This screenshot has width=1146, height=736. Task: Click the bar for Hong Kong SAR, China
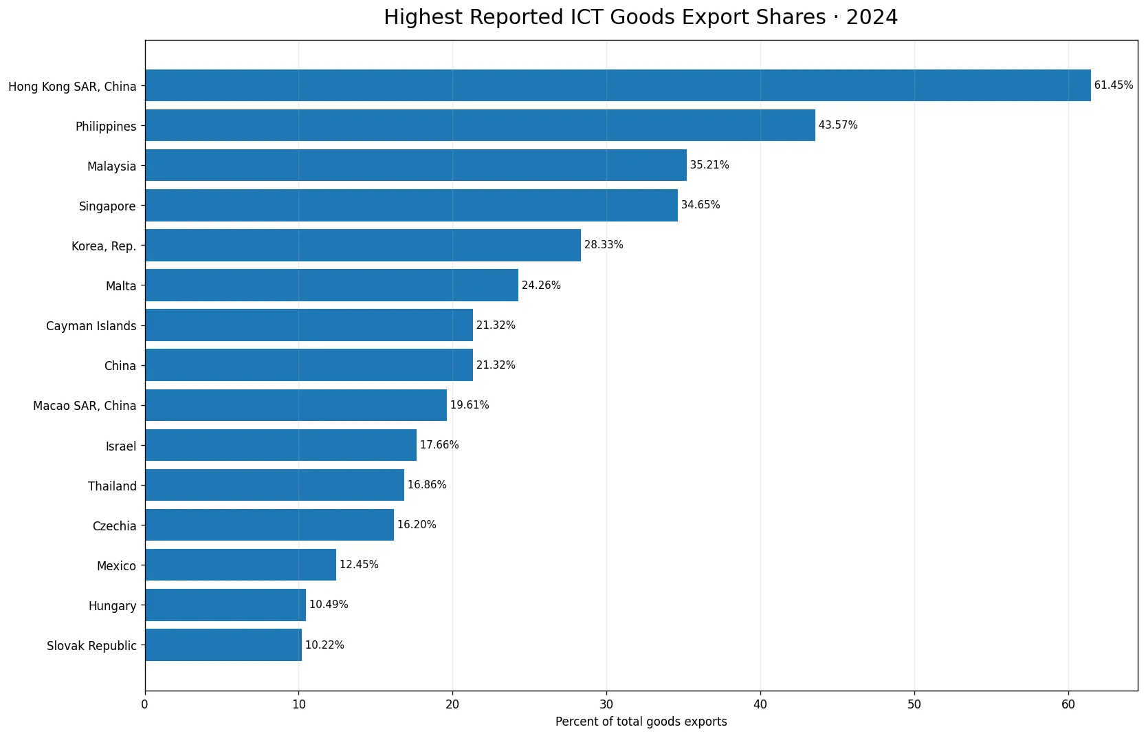[618, 85]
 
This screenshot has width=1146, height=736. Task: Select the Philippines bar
[481, 125]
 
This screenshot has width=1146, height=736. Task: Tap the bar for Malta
[332, 285]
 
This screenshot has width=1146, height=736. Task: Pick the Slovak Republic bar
[223, 645]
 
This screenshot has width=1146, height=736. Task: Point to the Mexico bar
[241, 565]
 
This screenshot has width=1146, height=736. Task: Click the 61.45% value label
[1114, 85]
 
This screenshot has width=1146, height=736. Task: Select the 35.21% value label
[709, 165]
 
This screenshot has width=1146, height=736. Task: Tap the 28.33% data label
[604, 245]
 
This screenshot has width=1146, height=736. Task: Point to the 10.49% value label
[329, 605]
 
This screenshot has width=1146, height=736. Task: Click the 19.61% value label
[470, 405]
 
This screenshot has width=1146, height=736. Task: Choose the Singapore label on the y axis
[107, 206]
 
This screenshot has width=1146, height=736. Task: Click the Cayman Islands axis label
[91, 326]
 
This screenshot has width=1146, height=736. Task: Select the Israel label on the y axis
[121, 446]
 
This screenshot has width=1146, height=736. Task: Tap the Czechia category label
[115, 526]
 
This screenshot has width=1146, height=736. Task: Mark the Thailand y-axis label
[113, 486]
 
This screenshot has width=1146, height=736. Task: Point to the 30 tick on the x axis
[607, 704]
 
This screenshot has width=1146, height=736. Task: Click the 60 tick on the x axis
[1068, 704]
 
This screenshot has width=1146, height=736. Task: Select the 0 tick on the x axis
[145, 704]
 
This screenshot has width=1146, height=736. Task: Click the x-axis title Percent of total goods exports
[641, 722]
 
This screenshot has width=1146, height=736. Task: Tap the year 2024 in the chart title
[872, 17]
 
